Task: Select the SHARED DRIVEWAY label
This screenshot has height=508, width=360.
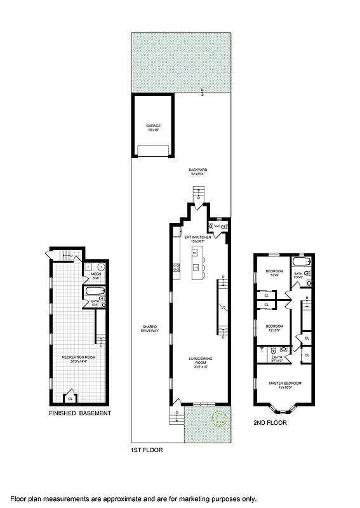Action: pyautogui.click(x=149, y=330)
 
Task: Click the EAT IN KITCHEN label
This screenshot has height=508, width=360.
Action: pyautogui.click(x=198, y=238)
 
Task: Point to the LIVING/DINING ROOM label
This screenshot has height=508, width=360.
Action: pyautogui.click(x=198, y=362)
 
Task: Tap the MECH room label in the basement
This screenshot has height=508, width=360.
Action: pyautogui.click(x=97, y=275)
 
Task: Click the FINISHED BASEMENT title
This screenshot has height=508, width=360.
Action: pyautogui.click(x=80, y=413)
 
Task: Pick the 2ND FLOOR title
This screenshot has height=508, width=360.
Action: pyautogui.click(x=270, y=422)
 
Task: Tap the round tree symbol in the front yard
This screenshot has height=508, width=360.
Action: pyautogui.click(x=220, y=418)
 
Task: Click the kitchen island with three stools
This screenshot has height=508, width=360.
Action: pyautogui.click(x=196, y=262)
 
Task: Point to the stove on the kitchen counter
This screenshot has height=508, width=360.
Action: pyautogui.click(x=176, y=269)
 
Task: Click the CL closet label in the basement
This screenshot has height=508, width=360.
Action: pyautogui.click(x=70, y=399)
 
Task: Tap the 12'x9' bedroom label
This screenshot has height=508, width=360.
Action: pyautogui.click(x=274, y=274)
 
